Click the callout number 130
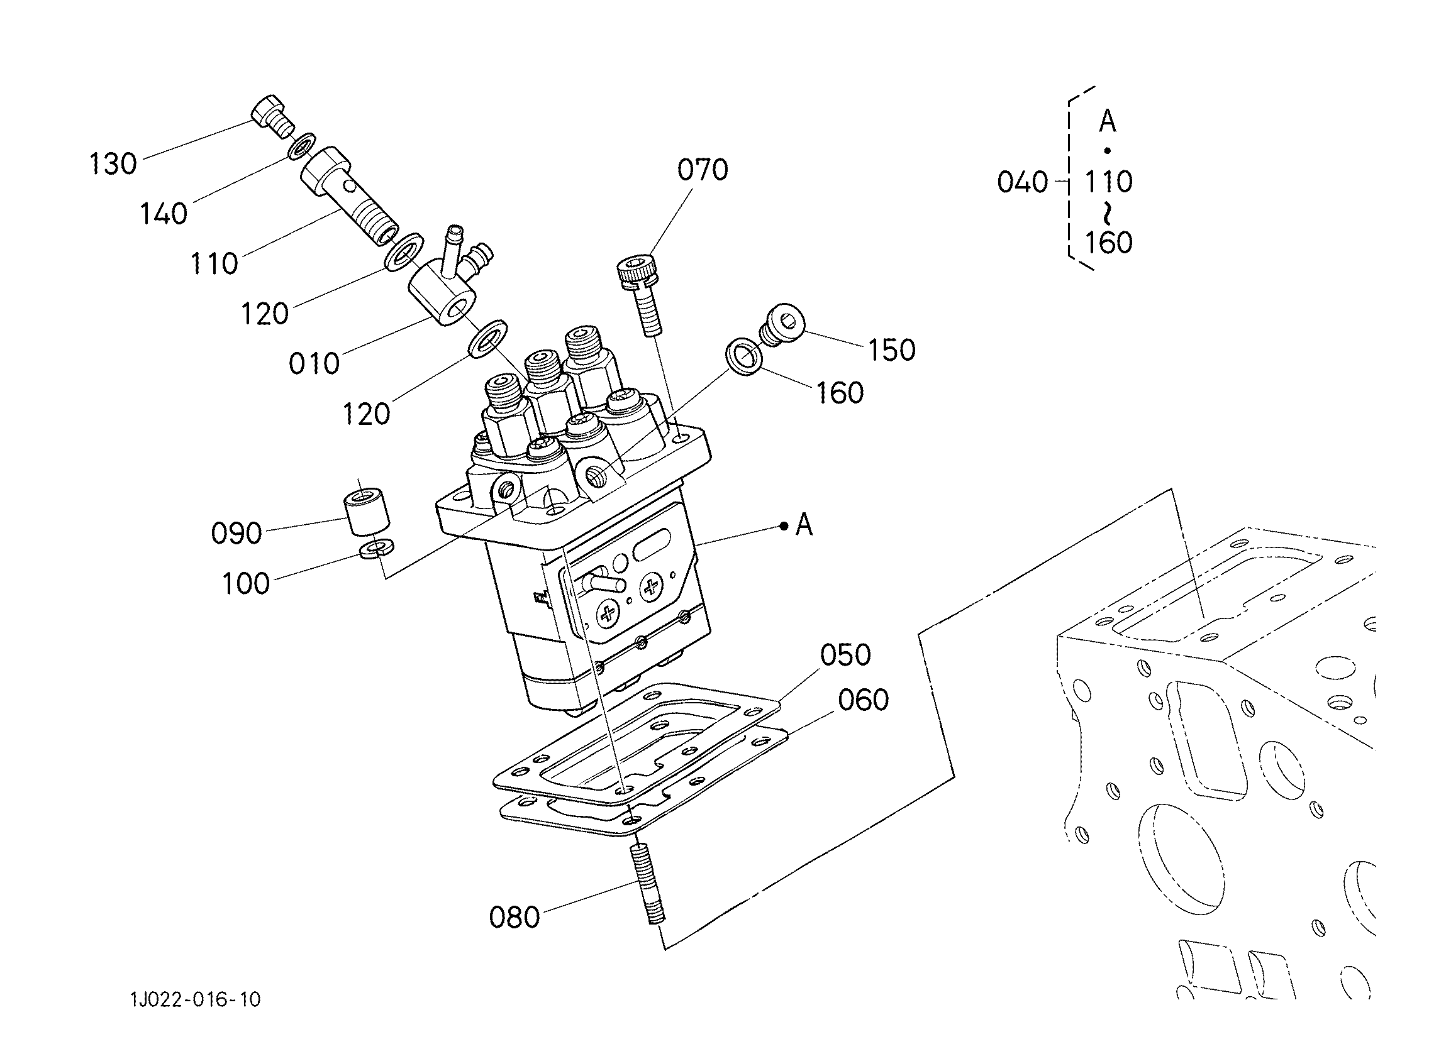click(x=113, y=164)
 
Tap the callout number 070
click(x=703, y=170)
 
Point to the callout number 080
click(x=514, y=917)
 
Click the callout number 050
click(x=845, y=654)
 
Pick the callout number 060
click(x=864, y=700)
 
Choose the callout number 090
click(x=236, y=533)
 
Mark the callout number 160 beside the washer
click(x=840, y=393)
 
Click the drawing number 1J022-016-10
click(x=196, y=999)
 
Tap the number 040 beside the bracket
click(x=1023, y=182)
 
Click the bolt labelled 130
click(x=274, y=118)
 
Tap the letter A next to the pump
click(x=804, y=525)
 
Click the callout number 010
click(x=314, y=364)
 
